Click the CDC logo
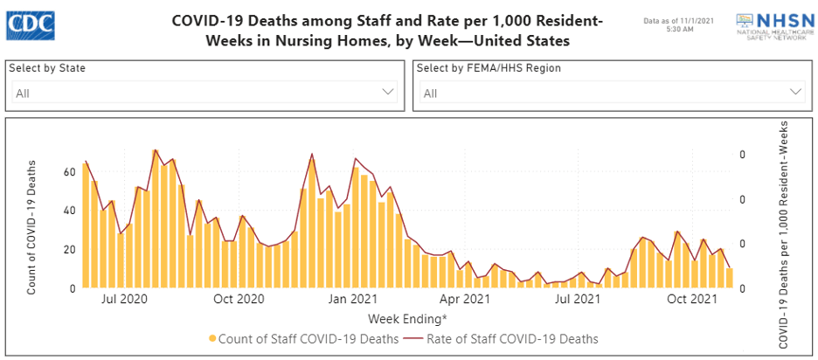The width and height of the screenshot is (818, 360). [30, 25]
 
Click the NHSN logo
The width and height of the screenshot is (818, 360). [769, 26]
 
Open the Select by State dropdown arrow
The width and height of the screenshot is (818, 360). [389, 92]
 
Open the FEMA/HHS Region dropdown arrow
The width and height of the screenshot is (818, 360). [796, 92]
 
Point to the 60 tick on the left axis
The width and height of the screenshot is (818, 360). [70, 171]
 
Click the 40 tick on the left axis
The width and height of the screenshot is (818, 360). [70, 211]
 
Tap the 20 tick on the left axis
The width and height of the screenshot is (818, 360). [70, 249]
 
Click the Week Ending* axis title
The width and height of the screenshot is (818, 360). [407, 317]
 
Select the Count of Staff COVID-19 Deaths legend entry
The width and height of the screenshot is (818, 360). [303, 338]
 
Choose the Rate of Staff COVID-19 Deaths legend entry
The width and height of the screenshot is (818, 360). [512, 338]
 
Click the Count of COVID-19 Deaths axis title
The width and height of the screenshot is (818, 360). [32, 226]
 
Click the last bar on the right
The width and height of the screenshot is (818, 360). [730, 278]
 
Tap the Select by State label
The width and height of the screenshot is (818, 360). [47, 68]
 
